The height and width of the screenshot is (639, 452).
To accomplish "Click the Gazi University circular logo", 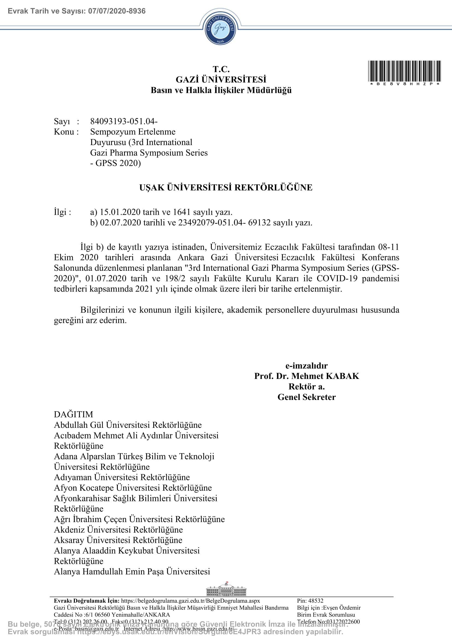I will point(220,28).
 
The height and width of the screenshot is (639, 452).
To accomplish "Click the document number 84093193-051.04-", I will point(124,121).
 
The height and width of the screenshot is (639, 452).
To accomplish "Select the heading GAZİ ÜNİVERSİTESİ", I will point(221,79).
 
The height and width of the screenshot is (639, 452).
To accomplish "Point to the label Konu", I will point(64,132).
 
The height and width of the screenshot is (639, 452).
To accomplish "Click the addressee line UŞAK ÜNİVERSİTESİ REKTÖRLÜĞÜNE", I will point(226,187).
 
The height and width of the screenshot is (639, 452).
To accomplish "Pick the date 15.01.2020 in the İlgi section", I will point(120,212).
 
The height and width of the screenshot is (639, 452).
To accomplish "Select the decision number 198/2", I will point(175,278).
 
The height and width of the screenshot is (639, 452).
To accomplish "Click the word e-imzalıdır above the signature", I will point(306,366).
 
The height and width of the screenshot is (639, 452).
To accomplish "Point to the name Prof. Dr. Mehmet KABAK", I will point(306,376).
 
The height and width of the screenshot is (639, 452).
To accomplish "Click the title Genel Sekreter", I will point(306,397).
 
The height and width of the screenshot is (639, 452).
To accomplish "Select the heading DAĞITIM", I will point(74,414).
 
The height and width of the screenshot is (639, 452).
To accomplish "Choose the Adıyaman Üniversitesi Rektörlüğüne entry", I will point(122,477).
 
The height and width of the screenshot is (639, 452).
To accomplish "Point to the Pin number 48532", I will point(316,600).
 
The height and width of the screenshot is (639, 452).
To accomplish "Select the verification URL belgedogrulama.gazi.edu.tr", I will point(190,600).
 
